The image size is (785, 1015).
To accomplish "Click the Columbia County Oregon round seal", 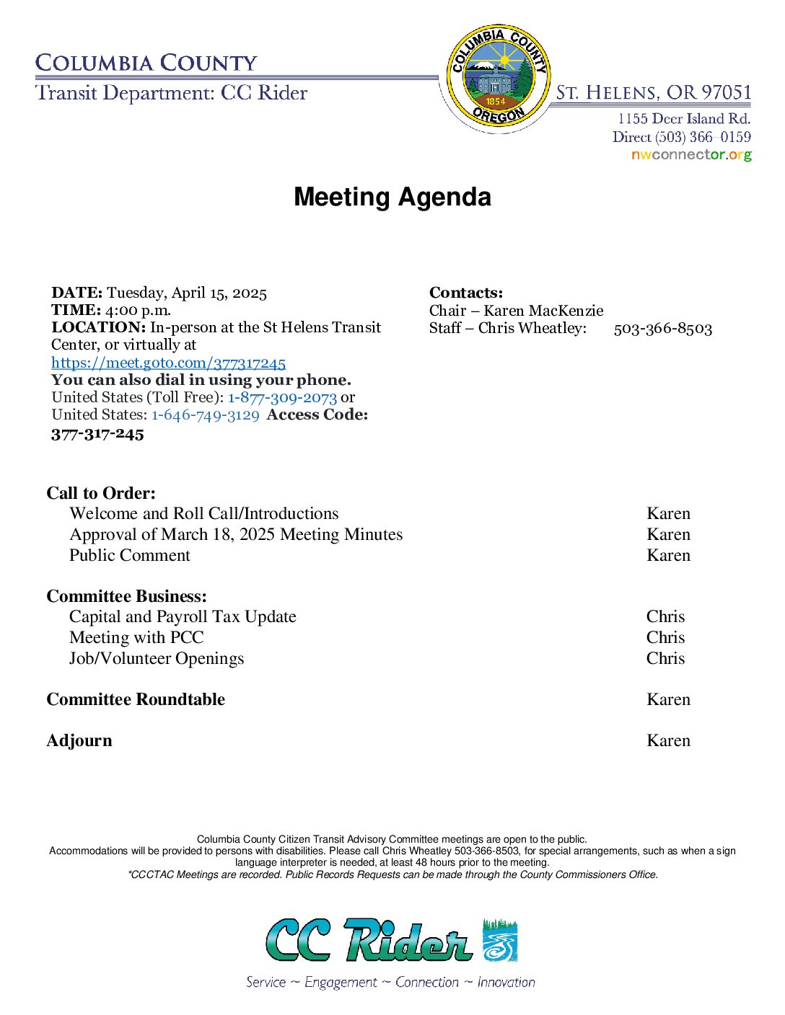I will coord(498,76).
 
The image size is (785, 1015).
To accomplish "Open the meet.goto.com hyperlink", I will coord(168,363).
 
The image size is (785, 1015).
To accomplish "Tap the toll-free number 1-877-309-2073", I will coord(282,397).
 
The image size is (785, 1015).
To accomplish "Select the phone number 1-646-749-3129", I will coord(205,415).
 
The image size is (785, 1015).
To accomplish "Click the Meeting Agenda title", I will coord(392,197).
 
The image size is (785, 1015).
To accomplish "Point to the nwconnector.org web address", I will coord(690,154).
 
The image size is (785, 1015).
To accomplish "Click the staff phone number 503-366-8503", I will coord(662,329).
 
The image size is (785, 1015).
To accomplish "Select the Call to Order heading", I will coord(101,493).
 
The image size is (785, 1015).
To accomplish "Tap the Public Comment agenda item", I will coord(130,555).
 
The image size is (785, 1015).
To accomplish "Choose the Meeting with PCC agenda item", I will coord(136,637).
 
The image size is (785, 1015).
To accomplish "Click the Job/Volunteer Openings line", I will coord(157,658).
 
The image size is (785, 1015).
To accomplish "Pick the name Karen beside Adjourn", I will coord(668,740).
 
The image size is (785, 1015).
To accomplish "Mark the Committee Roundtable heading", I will coord(136,699).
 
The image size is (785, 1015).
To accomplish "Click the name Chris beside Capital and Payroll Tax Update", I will coord(665,616).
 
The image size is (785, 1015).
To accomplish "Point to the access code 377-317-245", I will coord(97,434).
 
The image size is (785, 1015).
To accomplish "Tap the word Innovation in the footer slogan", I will coord(506,982).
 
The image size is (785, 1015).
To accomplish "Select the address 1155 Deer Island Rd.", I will coord(683,118).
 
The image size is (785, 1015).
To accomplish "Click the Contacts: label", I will coord(466,293).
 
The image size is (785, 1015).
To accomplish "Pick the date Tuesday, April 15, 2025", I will coord(187,293).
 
